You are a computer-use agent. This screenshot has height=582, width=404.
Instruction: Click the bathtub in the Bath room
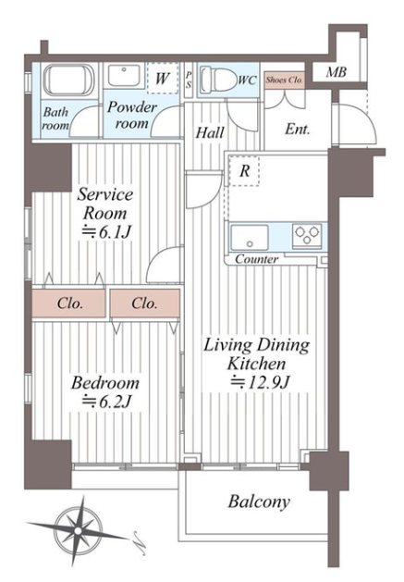point(69,80)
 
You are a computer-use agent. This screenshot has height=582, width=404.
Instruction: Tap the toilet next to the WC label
point(218,79)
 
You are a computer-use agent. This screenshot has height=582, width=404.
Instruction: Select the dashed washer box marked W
point(162,79)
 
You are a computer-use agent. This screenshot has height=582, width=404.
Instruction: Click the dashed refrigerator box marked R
point(244,171)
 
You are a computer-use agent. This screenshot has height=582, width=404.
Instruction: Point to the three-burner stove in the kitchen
point(307,235)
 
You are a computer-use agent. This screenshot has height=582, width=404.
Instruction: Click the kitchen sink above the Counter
point(250,238)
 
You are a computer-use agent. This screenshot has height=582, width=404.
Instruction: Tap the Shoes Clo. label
point(285,80)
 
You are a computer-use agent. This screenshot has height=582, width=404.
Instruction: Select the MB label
point(337,72)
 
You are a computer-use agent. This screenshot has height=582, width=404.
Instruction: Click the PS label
point(189,80)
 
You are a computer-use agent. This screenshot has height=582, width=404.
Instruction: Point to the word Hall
point(210,132)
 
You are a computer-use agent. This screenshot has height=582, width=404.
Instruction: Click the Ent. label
point(297,130)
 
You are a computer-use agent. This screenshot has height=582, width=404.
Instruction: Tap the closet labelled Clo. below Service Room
point(68,303)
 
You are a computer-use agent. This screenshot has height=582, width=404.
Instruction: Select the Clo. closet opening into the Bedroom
point(145,303)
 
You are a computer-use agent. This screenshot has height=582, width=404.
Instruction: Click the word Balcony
point(259,502)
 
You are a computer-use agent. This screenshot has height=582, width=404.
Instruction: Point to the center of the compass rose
point(78,531)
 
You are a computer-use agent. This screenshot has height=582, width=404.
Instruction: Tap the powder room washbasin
point(124,76)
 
